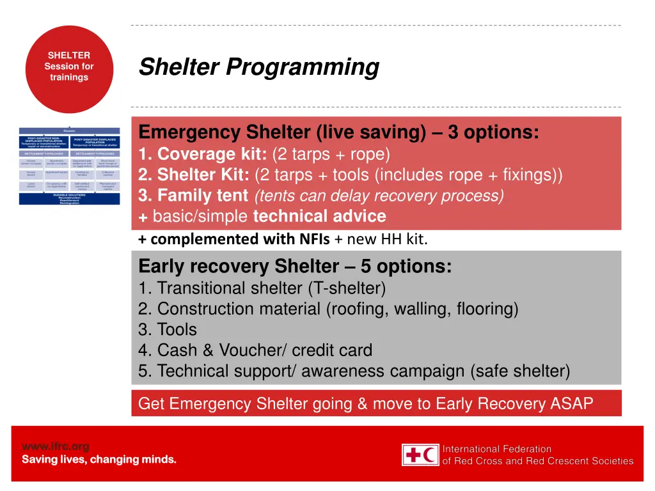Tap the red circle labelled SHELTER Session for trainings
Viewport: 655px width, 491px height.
(69, 67)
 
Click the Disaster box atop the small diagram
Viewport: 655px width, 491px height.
(69, 130)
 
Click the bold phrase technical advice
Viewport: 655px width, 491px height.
(319, 216)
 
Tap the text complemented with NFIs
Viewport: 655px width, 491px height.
(240, 240)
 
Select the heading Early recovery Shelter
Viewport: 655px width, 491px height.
(239, 266)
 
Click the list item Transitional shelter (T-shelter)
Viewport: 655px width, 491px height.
(262, 288)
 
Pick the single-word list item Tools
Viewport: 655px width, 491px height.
(177, 330)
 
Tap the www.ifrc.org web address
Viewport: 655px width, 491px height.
(56, 446)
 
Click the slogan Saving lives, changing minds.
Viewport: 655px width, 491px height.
(99, 460)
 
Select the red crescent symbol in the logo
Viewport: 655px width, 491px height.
(430, 455)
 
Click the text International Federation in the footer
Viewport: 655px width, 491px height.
(497, 449)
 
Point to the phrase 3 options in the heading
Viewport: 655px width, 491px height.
(493, 132)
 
